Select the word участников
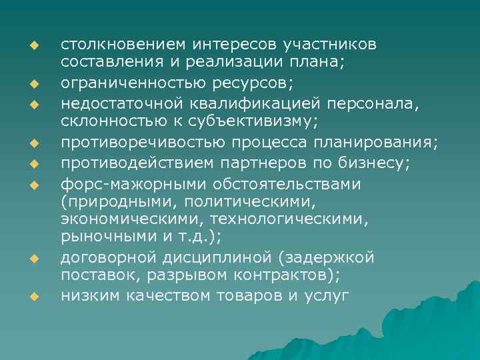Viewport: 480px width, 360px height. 329,45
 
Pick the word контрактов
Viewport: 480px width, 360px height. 281,275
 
